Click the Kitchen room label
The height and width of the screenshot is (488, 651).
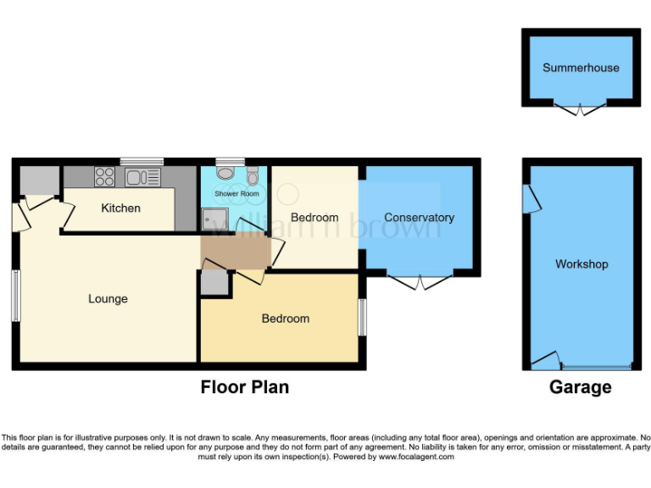tap(120, 208)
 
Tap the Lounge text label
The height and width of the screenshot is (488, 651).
tap(108, 299)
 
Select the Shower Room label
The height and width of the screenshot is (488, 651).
tap(236, 194)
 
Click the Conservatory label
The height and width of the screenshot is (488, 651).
tap(419, 218)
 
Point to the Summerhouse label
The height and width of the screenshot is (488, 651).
tap(581, 68)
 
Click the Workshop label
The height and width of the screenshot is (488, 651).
tap(581, 264)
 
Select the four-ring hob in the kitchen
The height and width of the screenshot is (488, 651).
tap(105, 177)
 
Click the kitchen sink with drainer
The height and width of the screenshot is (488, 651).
tap(142, 177)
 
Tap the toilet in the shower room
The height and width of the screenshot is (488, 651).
tap(253, 175)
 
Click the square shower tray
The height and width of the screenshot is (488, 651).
tap(209, 219)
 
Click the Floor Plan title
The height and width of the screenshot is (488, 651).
tap(244, 387)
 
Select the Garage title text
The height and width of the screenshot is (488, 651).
tap(581, 387)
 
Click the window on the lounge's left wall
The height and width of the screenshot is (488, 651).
tap(15, 296)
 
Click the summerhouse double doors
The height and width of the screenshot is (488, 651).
tap(581, 108)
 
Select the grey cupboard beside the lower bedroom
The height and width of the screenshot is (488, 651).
tap(215, 283)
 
